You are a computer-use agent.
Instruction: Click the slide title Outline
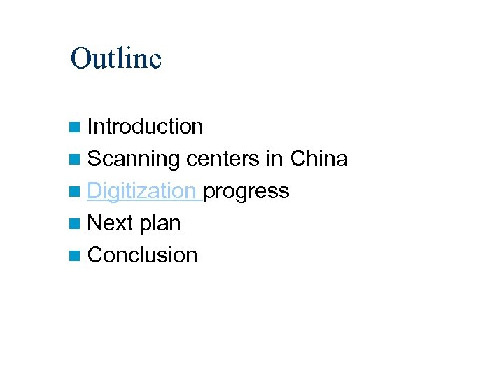tap(116, 59)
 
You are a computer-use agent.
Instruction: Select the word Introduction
tap(146, 127)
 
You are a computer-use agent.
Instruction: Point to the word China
tap(318, 159)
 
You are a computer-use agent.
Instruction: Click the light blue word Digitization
tap(142, 191)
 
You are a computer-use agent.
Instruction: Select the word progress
tap(246, 192)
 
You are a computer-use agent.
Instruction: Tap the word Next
tap(111, 223)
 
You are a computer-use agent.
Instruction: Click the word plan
tap(160, 224)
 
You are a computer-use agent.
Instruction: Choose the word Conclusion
tap(143, 255)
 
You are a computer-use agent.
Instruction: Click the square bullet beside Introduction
tap(75, 127)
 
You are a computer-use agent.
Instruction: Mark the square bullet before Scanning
tap(75, 160)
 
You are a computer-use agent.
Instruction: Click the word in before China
tap(274, 159)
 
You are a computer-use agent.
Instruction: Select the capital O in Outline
tap(80, 59)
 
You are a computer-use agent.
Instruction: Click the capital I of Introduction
tap(90, 127)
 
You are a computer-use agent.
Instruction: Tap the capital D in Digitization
tap(95, 190)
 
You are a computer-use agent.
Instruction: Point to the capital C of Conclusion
tap(95, 255)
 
